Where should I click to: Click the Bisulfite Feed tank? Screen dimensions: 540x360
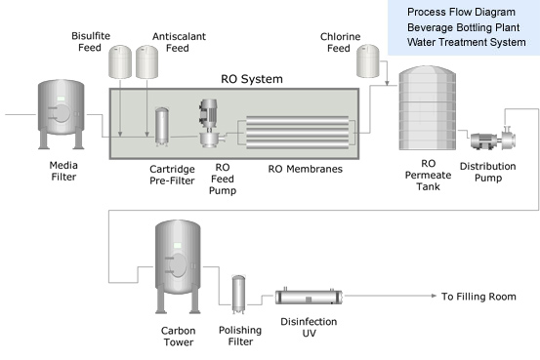[x=120, y=61]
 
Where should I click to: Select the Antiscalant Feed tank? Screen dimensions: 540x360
[x=147, y=61]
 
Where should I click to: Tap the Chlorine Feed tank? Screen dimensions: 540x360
[x=368, y=60]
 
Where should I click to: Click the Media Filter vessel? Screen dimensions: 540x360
[x=61, y=114]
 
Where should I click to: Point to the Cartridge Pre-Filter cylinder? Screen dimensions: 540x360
[x=162, y=127]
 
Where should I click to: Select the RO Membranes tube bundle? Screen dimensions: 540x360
[x=297, y=133]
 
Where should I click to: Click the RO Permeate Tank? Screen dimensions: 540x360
[x=428, y=108]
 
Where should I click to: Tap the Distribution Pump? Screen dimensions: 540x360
[x=493, y=139]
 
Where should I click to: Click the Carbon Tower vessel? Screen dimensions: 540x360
[x=178, y=266]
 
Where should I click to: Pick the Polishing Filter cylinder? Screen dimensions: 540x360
[x=238, y=295]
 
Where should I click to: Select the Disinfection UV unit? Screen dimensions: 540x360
[x=309, y=297]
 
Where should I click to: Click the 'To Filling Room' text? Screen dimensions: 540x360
[x=478, y=297]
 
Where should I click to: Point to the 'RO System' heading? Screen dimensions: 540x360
[x=252, y=79]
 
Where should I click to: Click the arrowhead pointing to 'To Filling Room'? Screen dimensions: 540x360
[x=434, y=296]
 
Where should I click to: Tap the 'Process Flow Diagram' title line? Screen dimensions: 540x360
[x=461, y=12]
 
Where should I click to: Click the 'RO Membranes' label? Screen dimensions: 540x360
[x=305, y=169]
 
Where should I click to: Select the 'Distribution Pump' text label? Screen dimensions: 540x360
[x=487, y=172]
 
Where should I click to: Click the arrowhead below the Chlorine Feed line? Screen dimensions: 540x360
[x=387, y=83]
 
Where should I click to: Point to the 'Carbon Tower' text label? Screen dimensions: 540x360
[x=179, y=337]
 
